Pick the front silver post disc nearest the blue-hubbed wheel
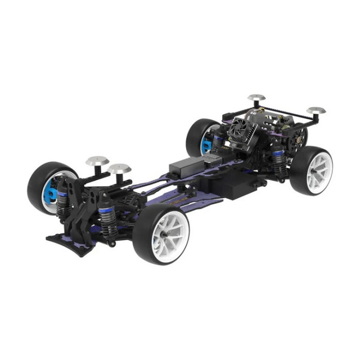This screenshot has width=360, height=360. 96,161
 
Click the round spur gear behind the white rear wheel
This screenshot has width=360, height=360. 297,135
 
